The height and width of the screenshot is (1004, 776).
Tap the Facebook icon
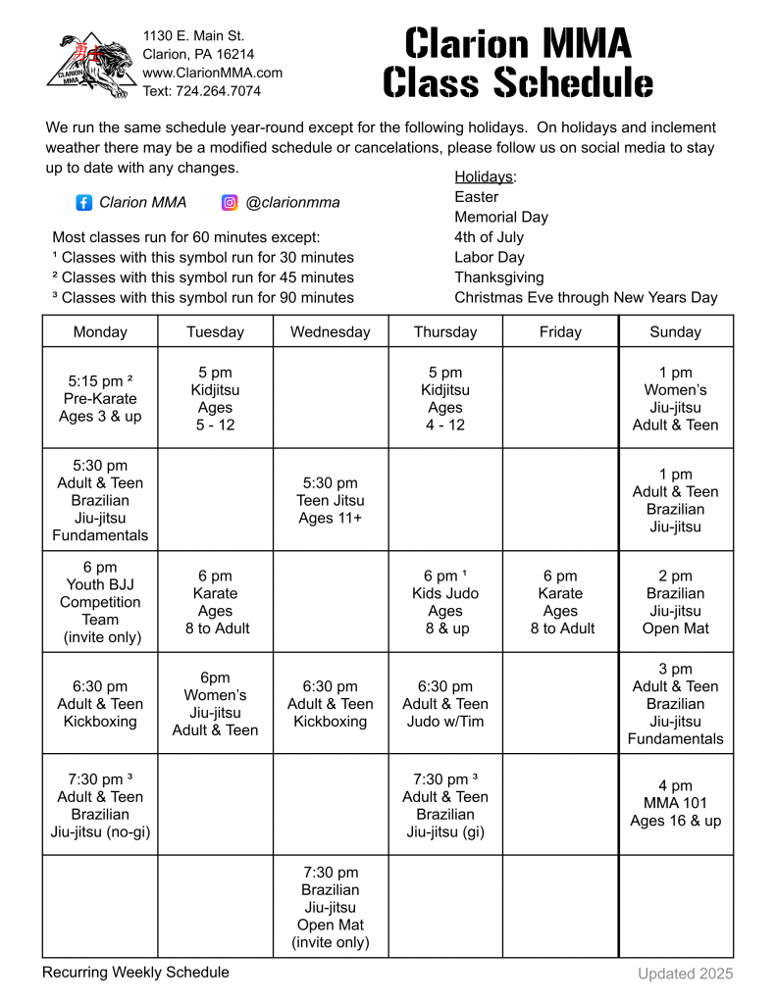84,203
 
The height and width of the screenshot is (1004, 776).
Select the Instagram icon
230,203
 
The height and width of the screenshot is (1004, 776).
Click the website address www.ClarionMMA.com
212,73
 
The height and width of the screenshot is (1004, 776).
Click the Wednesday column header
331,331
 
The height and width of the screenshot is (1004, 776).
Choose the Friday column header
560,331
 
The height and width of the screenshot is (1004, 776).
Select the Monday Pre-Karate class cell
100,398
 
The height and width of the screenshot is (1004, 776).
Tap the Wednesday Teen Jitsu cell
331,500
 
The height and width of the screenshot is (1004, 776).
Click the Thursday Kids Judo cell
445,601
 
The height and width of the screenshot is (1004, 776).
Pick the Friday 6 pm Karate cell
560,601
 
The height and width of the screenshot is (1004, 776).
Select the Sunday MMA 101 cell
675,803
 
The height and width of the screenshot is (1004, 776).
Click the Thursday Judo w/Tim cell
445,704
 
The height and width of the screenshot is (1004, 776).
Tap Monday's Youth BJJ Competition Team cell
100,602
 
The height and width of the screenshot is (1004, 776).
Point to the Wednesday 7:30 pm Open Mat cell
331,907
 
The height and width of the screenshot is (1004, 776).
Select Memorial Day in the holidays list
500,217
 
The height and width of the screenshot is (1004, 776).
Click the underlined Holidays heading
485,176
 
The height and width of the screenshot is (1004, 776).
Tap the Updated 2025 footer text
685,974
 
